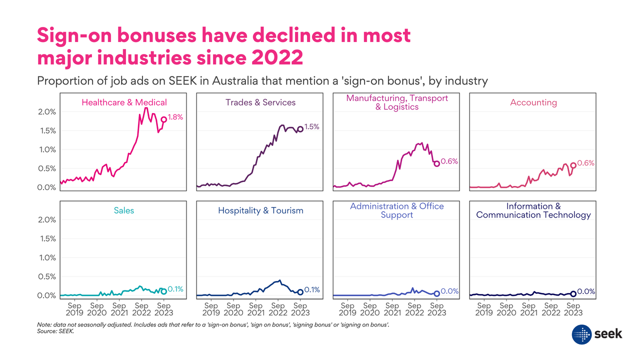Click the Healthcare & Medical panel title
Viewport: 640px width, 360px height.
(124, 102)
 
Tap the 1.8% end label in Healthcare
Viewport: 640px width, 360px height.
(175, 117)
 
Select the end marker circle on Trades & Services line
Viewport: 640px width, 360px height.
(300, 129)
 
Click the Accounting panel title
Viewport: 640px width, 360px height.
(533, 102)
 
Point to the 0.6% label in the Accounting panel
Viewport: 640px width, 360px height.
(585, 163)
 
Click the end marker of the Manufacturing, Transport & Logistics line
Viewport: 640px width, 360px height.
(436, 163)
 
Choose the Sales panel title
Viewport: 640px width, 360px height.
(124, 210)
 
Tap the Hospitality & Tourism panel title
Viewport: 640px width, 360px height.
(260, 210)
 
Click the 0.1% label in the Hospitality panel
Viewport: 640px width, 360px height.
(312, 290)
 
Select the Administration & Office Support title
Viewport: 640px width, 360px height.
(397, 210)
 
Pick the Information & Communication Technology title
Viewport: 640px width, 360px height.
(533, 210)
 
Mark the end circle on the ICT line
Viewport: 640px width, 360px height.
(573, 294)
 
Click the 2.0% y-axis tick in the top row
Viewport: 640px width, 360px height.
(46, 112)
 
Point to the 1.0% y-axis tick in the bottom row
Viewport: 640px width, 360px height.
(46, 258)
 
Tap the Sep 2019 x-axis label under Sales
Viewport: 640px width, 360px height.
(74, 309)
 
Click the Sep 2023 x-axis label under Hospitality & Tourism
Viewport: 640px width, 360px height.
(300, 309)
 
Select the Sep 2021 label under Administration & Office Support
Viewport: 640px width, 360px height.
(392, 309)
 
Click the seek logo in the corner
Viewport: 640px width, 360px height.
(597, 333)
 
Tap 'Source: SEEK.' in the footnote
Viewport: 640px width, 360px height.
(55, 331)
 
